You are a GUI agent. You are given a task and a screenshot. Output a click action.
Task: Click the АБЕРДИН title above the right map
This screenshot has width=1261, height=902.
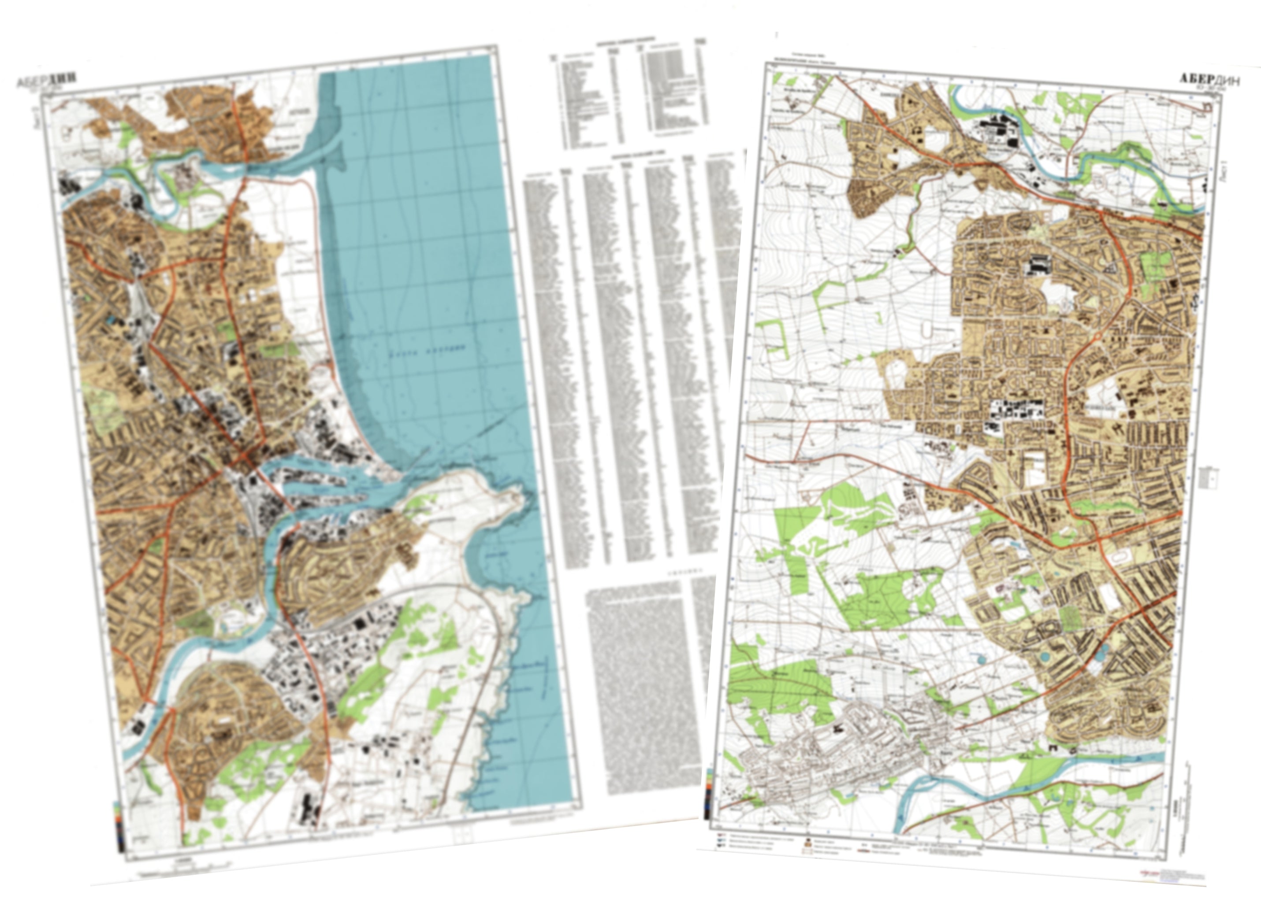[x=1208, y=79]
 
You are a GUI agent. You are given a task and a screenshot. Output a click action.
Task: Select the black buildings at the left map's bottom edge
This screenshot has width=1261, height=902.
[x=309, y=811]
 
